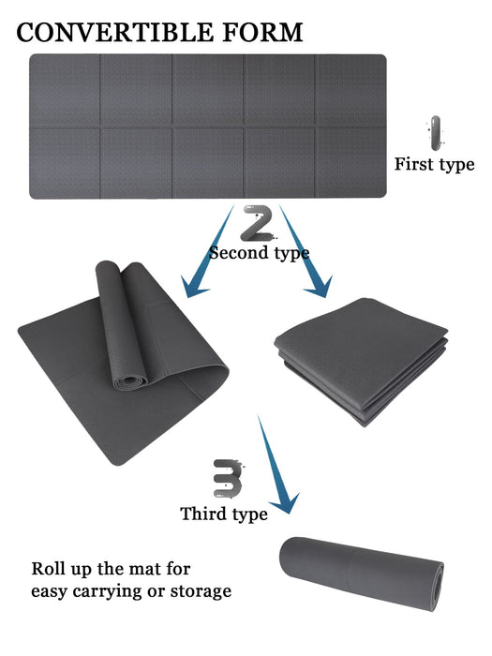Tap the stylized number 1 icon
click(436, 133)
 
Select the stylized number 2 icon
click(259, 223)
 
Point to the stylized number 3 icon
click(228, 478)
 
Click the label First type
click(434, 164)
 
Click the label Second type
click(260, 253)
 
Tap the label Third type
click(224, 514)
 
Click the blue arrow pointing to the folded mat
click(305, 251)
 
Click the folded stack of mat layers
click(362, 360)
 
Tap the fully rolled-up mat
click(362, 574)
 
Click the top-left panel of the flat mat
click(65, 89)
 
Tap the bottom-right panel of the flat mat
click(351, 163)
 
